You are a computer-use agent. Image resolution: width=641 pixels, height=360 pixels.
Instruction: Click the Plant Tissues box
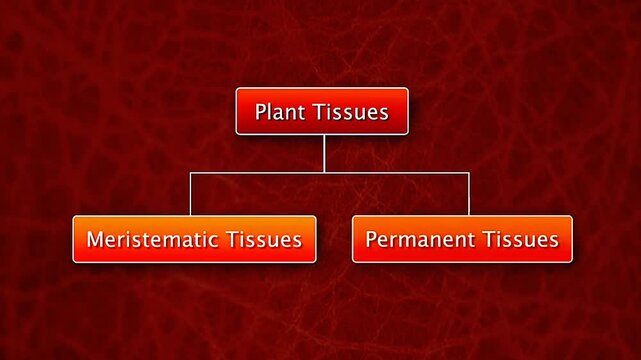coord(322,111)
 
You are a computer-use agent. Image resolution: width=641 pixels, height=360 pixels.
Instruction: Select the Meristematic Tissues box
coord(194,239)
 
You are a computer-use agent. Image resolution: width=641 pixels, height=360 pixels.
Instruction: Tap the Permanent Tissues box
coord(462,239)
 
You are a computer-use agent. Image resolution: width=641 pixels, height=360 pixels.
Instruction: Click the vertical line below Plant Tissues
coord(324,153)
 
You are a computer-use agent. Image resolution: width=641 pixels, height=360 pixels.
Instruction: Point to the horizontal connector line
coord(400,173)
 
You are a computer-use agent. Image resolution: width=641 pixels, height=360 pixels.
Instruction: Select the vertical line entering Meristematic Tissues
coord(191,194)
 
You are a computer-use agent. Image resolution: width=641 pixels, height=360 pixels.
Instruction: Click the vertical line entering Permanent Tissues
coord(468,194)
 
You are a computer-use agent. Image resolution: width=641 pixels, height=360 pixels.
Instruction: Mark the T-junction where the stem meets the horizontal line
coord(324,173)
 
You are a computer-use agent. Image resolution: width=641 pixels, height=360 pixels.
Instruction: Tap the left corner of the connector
coord(191,173)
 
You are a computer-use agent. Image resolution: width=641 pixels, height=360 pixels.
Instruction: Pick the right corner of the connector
coord(468,173)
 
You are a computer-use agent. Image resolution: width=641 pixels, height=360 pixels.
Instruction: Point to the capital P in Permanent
coord(371,240)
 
